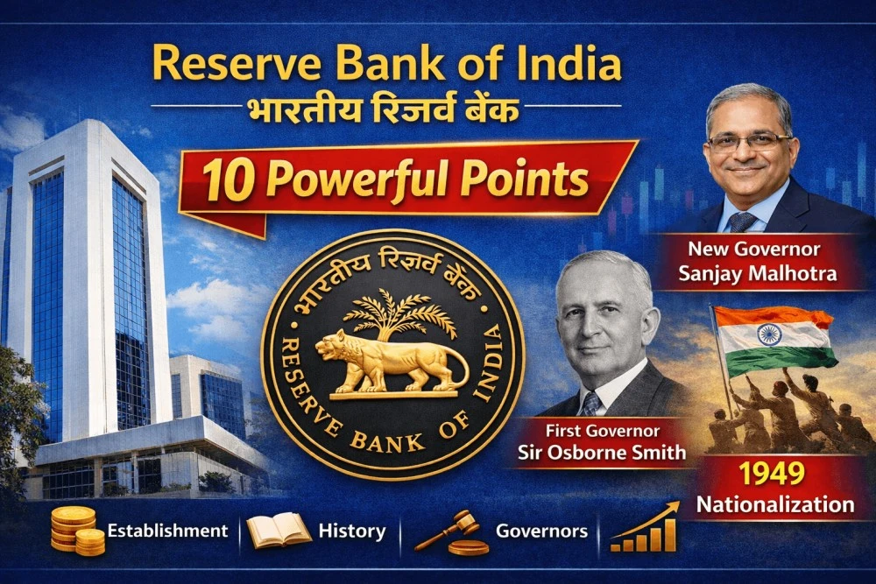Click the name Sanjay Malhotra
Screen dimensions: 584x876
tap(757, 273)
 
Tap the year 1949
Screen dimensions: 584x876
tap(771, 474)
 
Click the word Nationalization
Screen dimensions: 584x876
tap(774, 504)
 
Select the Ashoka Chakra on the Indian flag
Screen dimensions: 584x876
tap(769, 334)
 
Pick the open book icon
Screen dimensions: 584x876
tap(279, 531)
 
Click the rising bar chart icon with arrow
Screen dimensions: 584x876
tap(646, 528)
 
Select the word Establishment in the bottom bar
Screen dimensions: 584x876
tap(167, 531)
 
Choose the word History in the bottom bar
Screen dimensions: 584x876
tap(351, 531)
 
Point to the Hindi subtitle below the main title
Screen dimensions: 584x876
tap(386, 111)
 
